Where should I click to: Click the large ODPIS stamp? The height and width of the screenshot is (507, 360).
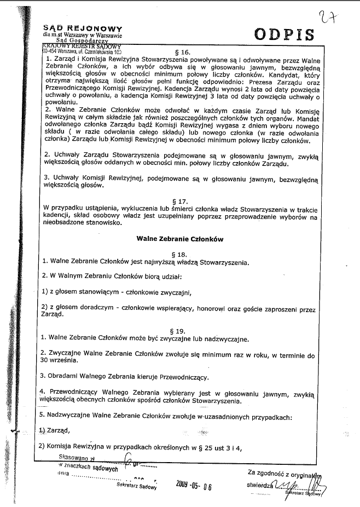pyautogui.click(x=284, y=34)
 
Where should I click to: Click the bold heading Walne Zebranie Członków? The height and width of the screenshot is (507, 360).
pyautogui.click(x=179, y=239)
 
